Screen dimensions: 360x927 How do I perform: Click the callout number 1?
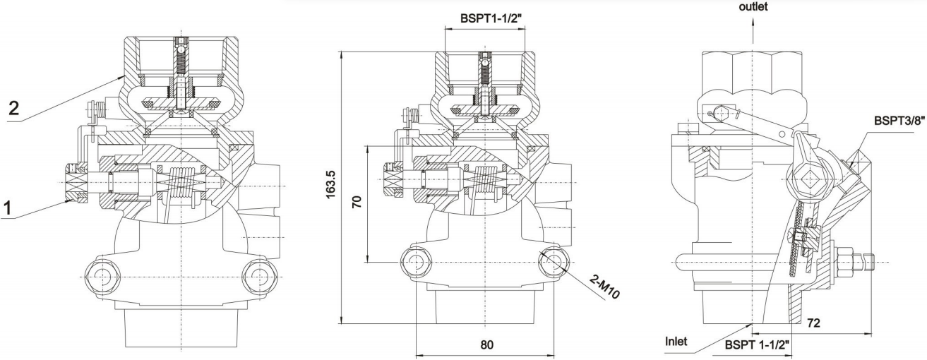pos(8,210)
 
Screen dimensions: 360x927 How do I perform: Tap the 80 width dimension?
pos(486,345)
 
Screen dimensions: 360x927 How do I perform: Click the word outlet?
pos(753,6)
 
